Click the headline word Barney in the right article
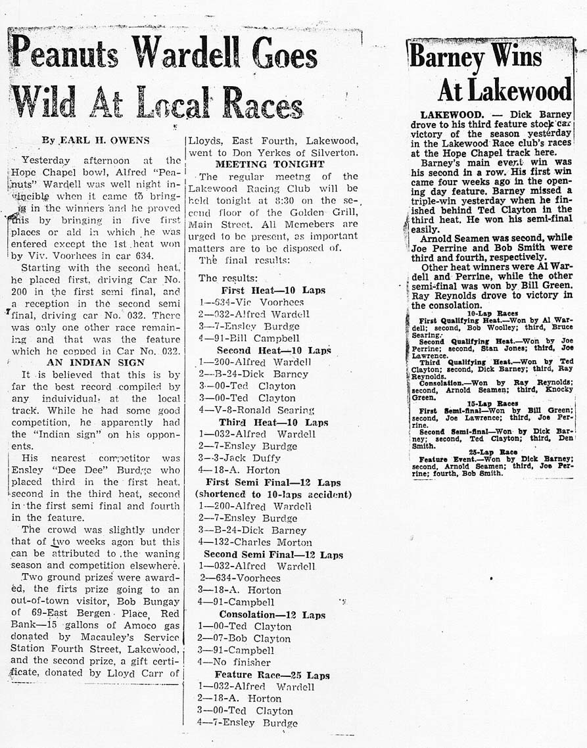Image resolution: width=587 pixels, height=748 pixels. pos(447,58)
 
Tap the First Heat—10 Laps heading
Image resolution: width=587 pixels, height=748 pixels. pos(273,290)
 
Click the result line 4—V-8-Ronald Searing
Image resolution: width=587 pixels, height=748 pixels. pos(256,410)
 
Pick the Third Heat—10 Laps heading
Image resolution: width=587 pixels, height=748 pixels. pos(273,422)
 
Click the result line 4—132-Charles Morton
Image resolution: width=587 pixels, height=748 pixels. pos(255,542)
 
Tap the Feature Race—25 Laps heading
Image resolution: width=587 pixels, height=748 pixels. pos(272,675)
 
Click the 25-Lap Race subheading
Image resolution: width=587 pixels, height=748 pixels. pos(492,452)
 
